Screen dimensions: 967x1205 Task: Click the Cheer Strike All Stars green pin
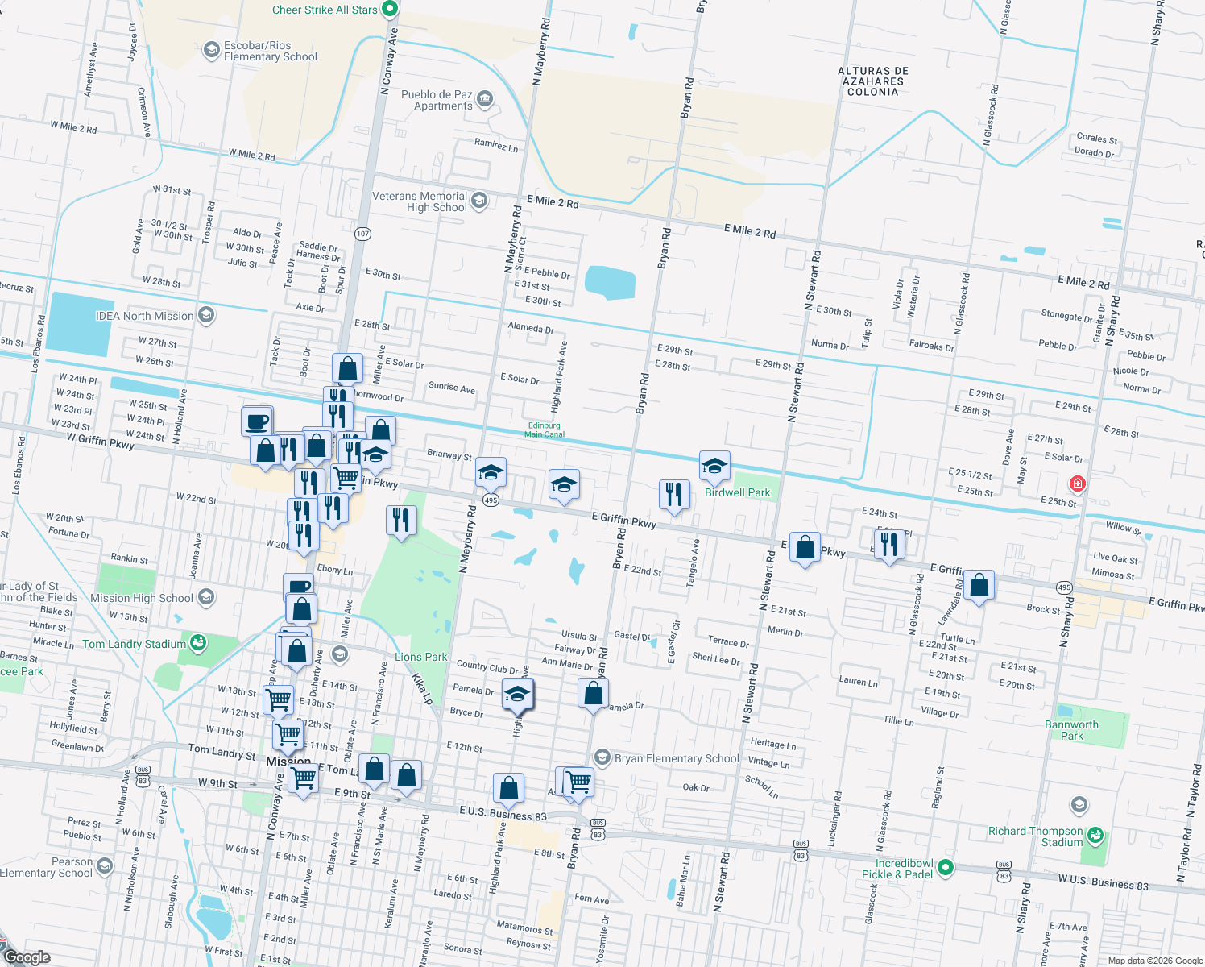390,10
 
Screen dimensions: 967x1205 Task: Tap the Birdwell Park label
737,492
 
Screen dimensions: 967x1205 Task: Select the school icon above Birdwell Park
714,466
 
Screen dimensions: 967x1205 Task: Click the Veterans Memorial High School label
420,201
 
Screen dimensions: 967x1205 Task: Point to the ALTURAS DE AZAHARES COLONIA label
873,81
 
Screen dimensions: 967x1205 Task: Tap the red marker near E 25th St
1077,483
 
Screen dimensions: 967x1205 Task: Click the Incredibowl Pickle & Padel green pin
946,868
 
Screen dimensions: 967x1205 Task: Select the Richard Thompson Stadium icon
1095,836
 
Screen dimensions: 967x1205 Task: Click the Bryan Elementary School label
676,758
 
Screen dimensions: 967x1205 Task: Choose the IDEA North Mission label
145,316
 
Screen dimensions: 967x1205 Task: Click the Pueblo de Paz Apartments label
437,100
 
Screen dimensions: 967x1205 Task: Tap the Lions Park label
420,657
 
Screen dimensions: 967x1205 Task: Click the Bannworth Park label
1071,730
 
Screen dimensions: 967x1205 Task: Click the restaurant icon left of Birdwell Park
674,494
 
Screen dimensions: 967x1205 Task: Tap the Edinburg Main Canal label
545,430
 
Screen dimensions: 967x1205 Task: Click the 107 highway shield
363,234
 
